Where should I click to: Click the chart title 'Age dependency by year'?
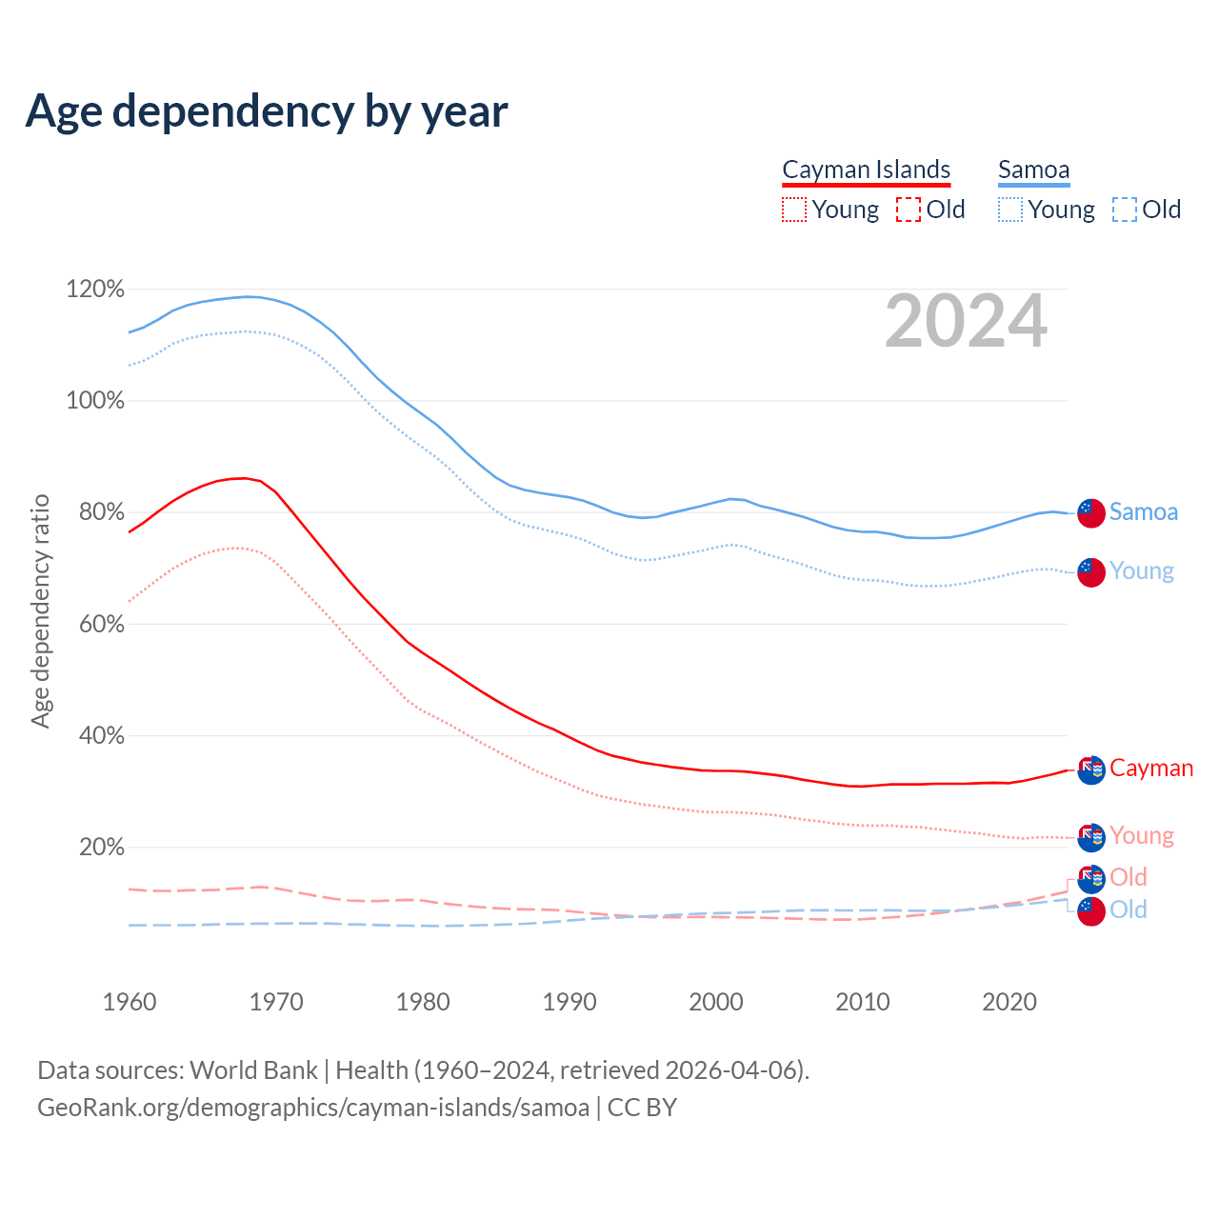tap(267, 111)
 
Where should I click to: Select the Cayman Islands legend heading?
tap(866, 170)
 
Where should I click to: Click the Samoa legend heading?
tap(1033, 170)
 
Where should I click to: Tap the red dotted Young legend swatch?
tap(794, 210)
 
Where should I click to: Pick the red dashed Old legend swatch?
tap(909, 210)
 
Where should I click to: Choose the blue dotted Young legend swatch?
tap(1010, 210)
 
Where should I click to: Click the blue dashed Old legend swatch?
tap(1125, 210)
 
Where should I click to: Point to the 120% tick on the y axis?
tap(95, 289)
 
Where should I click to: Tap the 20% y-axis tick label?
tap(101, 847)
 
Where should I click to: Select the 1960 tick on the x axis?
tap(130, 1002)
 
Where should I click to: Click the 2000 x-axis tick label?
tap(716, 1002)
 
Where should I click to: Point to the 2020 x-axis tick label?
tap(1009, 1002)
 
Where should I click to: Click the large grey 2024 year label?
tap(966, 322)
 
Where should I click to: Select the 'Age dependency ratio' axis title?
tap(40, 610)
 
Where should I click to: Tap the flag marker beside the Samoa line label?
tap(1091, 512)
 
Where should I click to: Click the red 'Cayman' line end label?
tap(1151, 769)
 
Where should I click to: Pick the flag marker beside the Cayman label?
tap(1091, 769)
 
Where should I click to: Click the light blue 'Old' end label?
tap(1129, 909)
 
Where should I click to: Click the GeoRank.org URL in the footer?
tap(313, 1108)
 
